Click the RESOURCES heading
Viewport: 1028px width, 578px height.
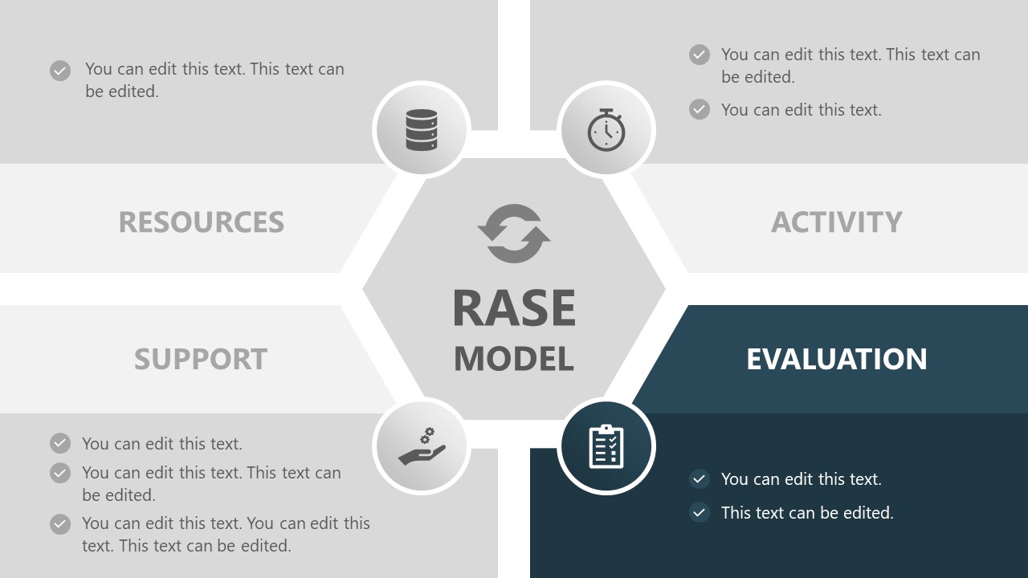pyautogui.click(x=201, y=222)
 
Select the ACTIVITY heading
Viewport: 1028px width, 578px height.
pyautogui.click(x=836, y=222)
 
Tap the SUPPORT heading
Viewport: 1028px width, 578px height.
pyautogui.click(x=200, y=359)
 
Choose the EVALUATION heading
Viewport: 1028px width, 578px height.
pyautogui.click(x=836, y=359)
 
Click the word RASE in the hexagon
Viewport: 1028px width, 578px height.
pyautogui.click(x=514, y=308)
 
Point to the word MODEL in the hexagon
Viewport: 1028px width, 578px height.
pyautogui.click(x=514, y=359)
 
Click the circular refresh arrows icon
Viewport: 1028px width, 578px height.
pyautogui.click(x=514, y=234)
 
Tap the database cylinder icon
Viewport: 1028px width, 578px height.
pyautogui.click(x=422, y=130)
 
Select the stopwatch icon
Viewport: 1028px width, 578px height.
pyautogui.click(x=606, y=130)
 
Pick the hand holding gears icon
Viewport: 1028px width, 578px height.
pyautogui.click(x=422, y=446)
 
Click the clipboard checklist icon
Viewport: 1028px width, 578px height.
pyautogui.click(x=606, y=446)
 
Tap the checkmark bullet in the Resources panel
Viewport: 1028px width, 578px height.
pyautogui.click(x=60, y=71)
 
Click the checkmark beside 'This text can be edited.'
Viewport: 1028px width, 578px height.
pyautogui.click(x=700, y=512)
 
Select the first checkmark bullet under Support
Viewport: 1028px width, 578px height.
pyautogui.click(x=60, y=443)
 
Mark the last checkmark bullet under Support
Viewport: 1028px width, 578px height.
pyautogui.click(x=60, y=524)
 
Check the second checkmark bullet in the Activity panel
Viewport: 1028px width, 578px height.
pyautogui.click(x=700, y=109)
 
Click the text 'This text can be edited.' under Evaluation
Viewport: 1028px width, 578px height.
pyautogui.click(x=807, y=512)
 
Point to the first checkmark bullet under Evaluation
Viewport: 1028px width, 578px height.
pyautogui.click(x=700, y=479)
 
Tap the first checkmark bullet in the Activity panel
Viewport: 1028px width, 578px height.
pyautogui.click(x=700, y=55)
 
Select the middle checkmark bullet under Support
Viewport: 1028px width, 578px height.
pyautogui.click(x=60, y=473)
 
